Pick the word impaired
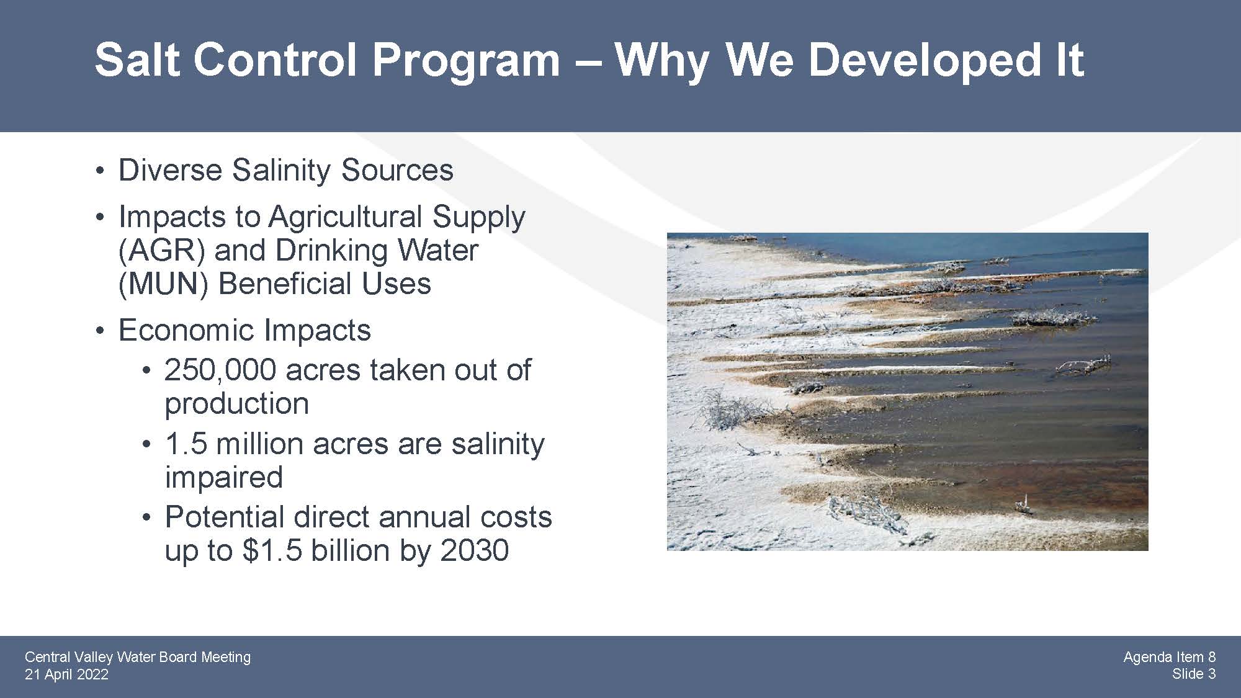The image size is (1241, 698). pos(224,478)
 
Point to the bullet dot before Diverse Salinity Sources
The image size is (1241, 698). pos(99,171)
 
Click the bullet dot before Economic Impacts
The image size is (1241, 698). pos(99,331)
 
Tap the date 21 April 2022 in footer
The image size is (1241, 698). pos(66,674)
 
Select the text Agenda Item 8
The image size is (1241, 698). pos(1170,657)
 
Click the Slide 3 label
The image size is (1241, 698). pos(1194,674)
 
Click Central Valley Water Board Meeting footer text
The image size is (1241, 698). pos(138,657)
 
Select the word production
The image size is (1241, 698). pos(236,405)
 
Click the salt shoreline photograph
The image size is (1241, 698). pos(907,392)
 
